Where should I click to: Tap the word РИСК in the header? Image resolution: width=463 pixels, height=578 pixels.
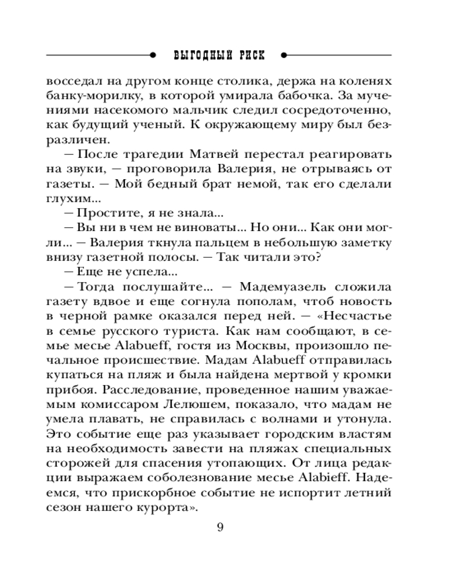[x=250, y=55]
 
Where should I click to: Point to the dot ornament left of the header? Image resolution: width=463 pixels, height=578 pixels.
[x=153, y=55]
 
